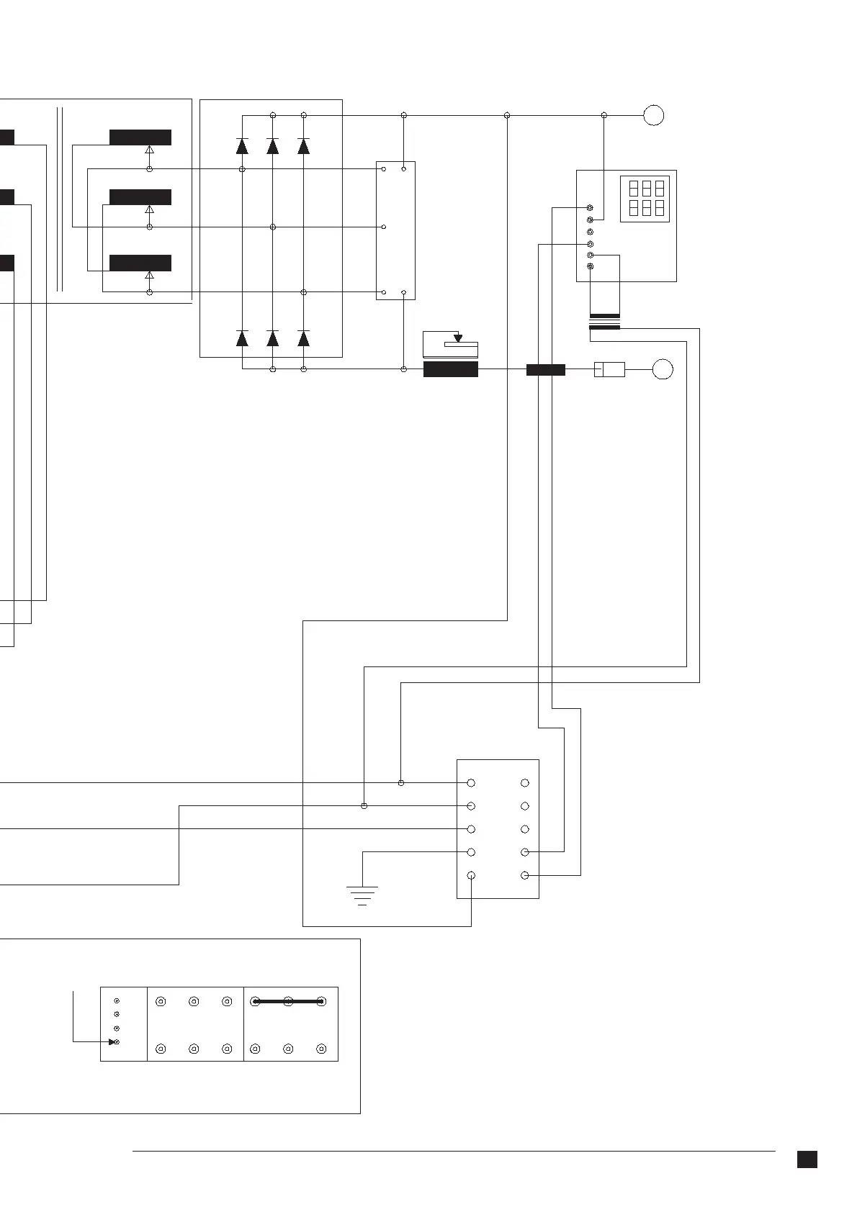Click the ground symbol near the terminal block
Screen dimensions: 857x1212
click(x=362, y=895)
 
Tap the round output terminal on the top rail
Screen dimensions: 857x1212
click(x=653, y=115)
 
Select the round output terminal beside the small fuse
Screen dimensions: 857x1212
click(x=663, y=370)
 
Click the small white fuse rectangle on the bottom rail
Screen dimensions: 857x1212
click(x=609, y=370)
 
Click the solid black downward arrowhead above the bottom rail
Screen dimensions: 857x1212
click(x=458, y=338)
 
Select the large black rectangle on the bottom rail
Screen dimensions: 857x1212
click(x=451, y=370)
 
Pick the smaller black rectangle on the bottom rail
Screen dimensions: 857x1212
click(x=546, y=370)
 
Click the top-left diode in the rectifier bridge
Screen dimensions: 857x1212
click(x=242, y=146)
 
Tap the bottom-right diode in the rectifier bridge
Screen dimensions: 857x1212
click(x=304, y=338)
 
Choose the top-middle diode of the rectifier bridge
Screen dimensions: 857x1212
click(x=273, y=146)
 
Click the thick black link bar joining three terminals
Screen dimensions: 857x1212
click(x=288, y=1000)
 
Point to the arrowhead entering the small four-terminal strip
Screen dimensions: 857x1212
click(x=112, y=1041)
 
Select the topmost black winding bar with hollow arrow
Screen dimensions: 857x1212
click(x=140, y=137)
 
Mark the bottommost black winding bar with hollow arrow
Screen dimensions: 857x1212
click(x=140, y=263)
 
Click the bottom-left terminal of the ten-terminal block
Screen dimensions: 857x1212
click(x=471, y=875)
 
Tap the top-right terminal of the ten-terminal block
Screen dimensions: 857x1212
click(x=525, y=783)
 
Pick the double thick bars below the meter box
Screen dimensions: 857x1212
click(x=605, y=322)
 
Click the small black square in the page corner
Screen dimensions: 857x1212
click(x=807, y=1159)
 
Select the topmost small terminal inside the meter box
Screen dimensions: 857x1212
click(x=591, y=208)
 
